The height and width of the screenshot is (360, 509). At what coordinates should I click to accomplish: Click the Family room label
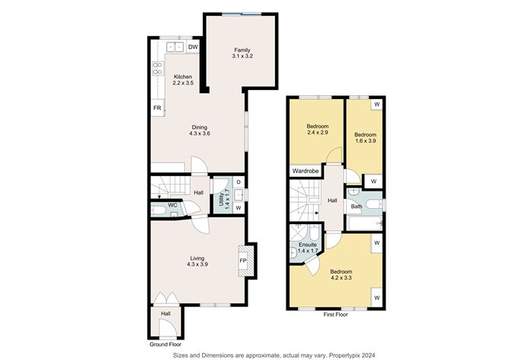[x=242, y=54]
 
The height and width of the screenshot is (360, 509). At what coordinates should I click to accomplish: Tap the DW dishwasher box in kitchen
[x=194, y=47]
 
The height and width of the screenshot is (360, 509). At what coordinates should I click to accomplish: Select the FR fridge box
[x=157, y=108]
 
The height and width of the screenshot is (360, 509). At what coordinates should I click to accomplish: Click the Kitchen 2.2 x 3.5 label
[x=184, y=79]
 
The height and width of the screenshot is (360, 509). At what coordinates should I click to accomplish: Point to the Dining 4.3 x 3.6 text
[x=199, y=130]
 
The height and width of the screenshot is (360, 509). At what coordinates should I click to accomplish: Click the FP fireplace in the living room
[x=243, y=261]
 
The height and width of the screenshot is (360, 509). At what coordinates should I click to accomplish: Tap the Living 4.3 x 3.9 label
[x=197, y=261]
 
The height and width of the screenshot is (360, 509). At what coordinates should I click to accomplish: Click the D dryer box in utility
[x=238, y=183]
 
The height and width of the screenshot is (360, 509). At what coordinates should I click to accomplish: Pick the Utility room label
[x=222, y=200]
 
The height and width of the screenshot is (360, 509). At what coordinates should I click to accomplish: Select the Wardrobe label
[x=304, y=172]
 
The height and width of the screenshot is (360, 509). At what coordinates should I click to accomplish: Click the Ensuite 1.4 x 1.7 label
[x=307, y=247]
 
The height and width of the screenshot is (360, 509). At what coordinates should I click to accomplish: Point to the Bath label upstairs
[x=356, y=207]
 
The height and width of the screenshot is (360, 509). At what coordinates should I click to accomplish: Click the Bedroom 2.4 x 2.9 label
[x=318, y=129]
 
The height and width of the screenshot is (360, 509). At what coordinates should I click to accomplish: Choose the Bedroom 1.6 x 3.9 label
[x=366, y=137]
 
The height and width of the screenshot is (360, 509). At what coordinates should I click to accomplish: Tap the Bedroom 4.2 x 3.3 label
[x=341, y=275]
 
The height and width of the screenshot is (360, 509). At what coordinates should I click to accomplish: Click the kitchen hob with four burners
[x=158, y=69]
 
